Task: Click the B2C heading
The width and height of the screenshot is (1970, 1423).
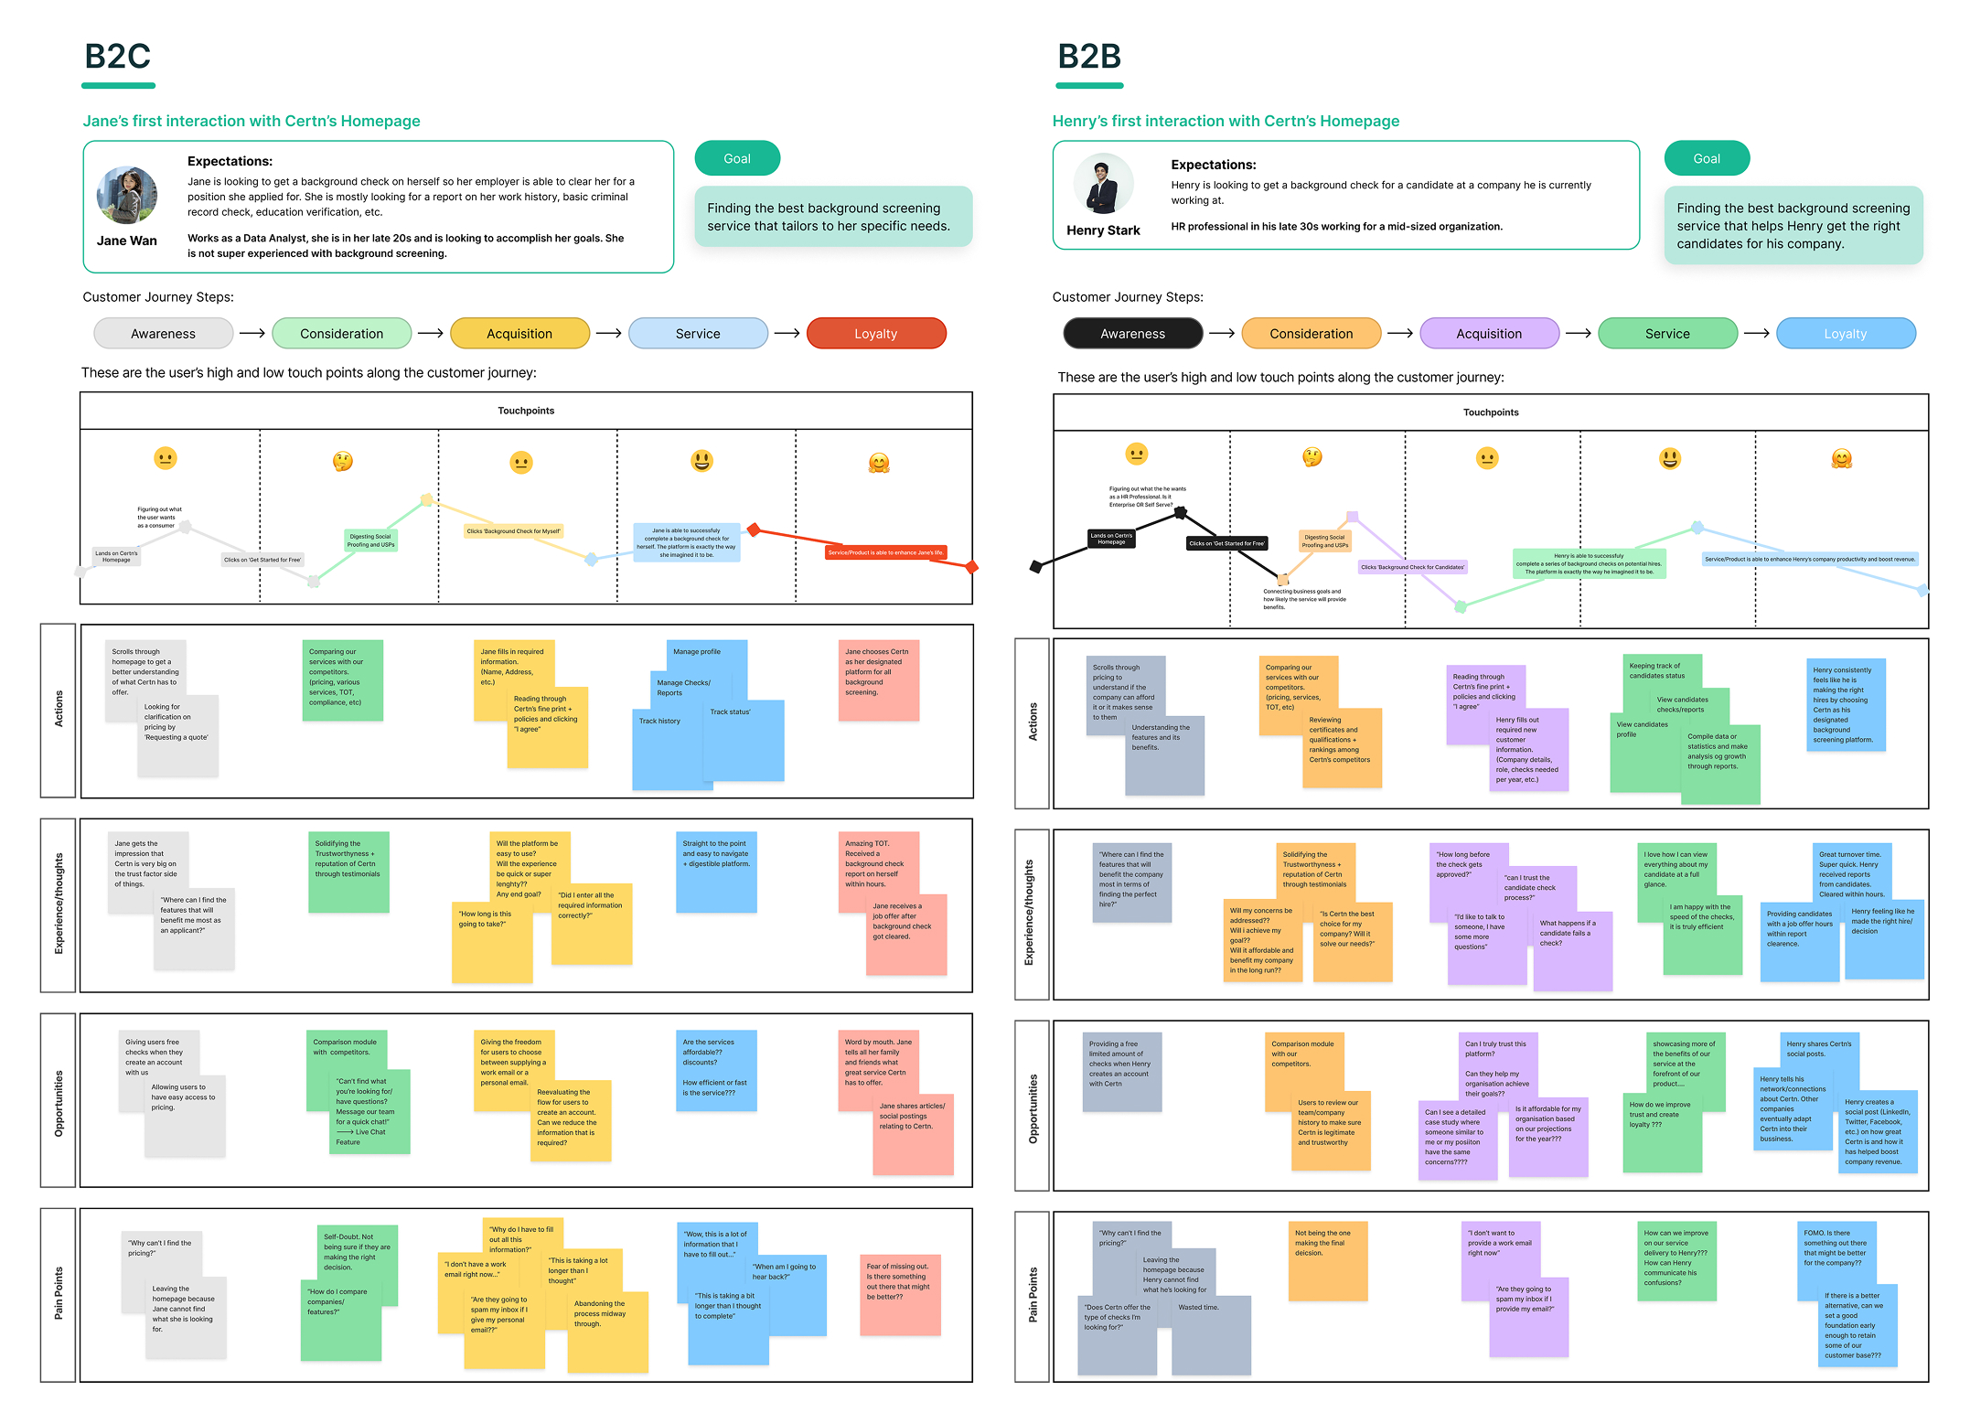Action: (117, 57)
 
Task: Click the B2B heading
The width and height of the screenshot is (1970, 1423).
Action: (1088, 57)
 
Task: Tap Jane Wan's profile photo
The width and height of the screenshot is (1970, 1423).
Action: (127, 195)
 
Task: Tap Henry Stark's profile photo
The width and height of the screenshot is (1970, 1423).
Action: (1102, 184)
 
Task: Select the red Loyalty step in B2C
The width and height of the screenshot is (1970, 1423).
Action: (875, 334)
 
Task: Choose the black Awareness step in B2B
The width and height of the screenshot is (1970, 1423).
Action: (1132, 334)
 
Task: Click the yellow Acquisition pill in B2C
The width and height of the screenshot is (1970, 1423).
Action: (519, 334)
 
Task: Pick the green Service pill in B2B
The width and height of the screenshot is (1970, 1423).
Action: (1666, 334)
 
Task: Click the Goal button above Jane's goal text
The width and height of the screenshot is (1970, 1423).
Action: (737, 158)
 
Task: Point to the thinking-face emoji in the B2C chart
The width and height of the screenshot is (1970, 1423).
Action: (343, 461)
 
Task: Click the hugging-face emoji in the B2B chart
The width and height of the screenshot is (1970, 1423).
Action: (1841, 459)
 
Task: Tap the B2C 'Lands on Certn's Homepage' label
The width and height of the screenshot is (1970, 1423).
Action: (116, 556)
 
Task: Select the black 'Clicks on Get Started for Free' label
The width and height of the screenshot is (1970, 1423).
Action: (1226, 543)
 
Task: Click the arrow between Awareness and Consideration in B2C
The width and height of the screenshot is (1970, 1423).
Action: (252, 334)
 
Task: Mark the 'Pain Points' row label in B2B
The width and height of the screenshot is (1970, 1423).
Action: (1033, 1294)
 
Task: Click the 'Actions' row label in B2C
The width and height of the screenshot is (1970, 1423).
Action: (59, 709)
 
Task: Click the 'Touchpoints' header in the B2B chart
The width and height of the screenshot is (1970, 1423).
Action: (1490, 412)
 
